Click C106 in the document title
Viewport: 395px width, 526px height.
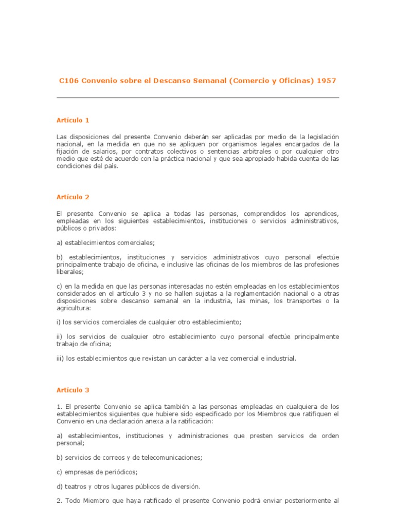pos(67,81)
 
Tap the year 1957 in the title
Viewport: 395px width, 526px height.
pos(327,81)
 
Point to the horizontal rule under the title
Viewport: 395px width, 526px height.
pos(197,98)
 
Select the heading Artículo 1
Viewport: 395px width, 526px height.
pos(73,120)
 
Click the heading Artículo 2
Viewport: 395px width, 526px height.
pos(73,197)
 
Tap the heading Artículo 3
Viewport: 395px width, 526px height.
pos(73,390)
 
